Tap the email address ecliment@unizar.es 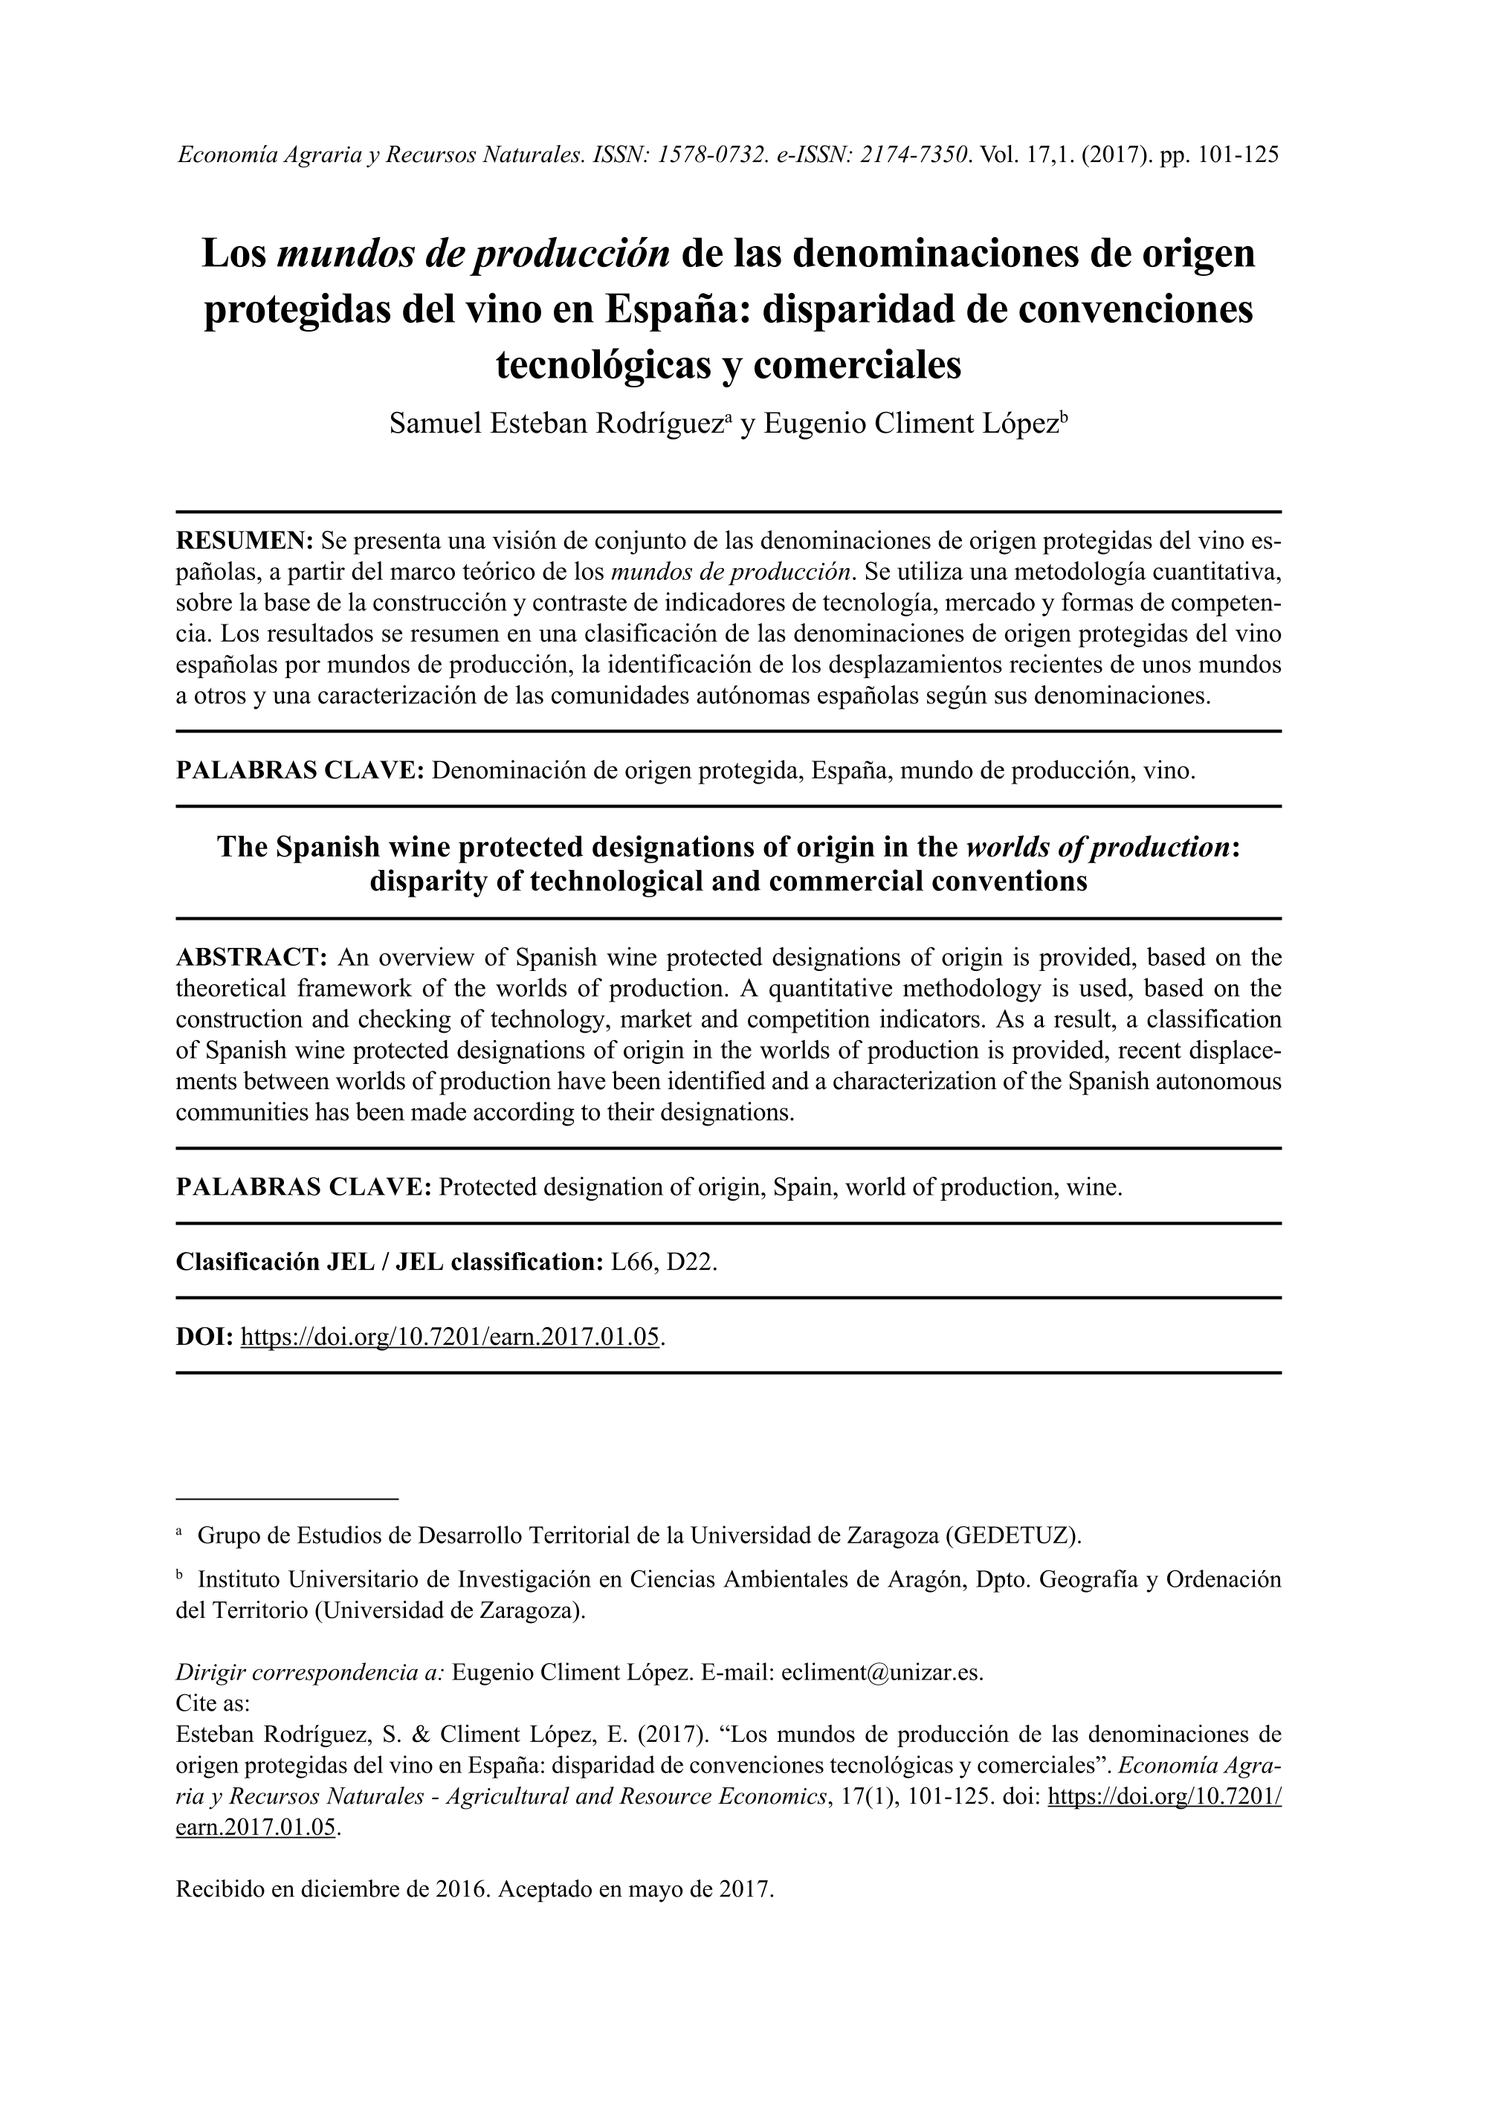881,1671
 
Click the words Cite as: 212,1703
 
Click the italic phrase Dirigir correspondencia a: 309,1671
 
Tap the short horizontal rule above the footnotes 287,1500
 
